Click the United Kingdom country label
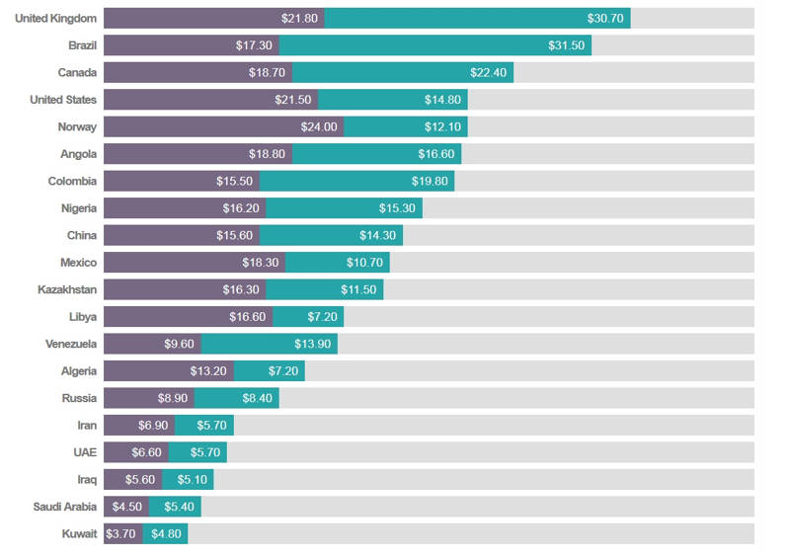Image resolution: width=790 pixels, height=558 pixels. [x=55, y=19]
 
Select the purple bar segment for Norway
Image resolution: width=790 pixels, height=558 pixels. [x=223, y=127]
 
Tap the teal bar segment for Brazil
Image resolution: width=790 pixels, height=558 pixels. [x=435, y=45]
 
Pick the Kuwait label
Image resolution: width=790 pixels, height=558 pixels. [x=79, y=534]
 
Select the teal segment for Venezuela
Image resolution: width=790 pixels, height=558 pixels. [x=270, y=344]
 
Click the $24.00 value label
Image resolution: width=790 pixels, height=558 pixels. [x=320, y=127]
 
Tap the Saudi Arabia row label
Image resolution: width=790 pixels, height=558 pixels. [x=65, y=507]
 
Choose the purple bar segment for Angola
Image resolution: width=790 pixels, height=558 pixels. [x=197, y=154]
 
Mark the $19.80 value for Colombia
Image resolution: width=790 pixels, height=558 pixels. [x=432, y=182]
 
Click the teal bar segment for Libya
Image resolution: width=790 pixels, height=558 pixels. [x=308, y=317]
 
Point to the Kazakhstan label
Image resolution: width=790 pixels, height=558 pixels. [x=67, y=289]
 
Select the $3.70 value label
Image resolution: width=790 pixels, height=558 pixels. [x=119, y=534]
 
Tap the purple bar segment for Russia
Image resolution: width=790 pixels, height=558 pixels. [x=148, y=398]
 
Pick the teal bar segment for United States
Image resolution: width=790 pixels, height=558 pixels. [x=393, y=100]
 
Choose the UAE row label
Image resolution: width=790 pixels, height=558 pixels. [x=83, y=452]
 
